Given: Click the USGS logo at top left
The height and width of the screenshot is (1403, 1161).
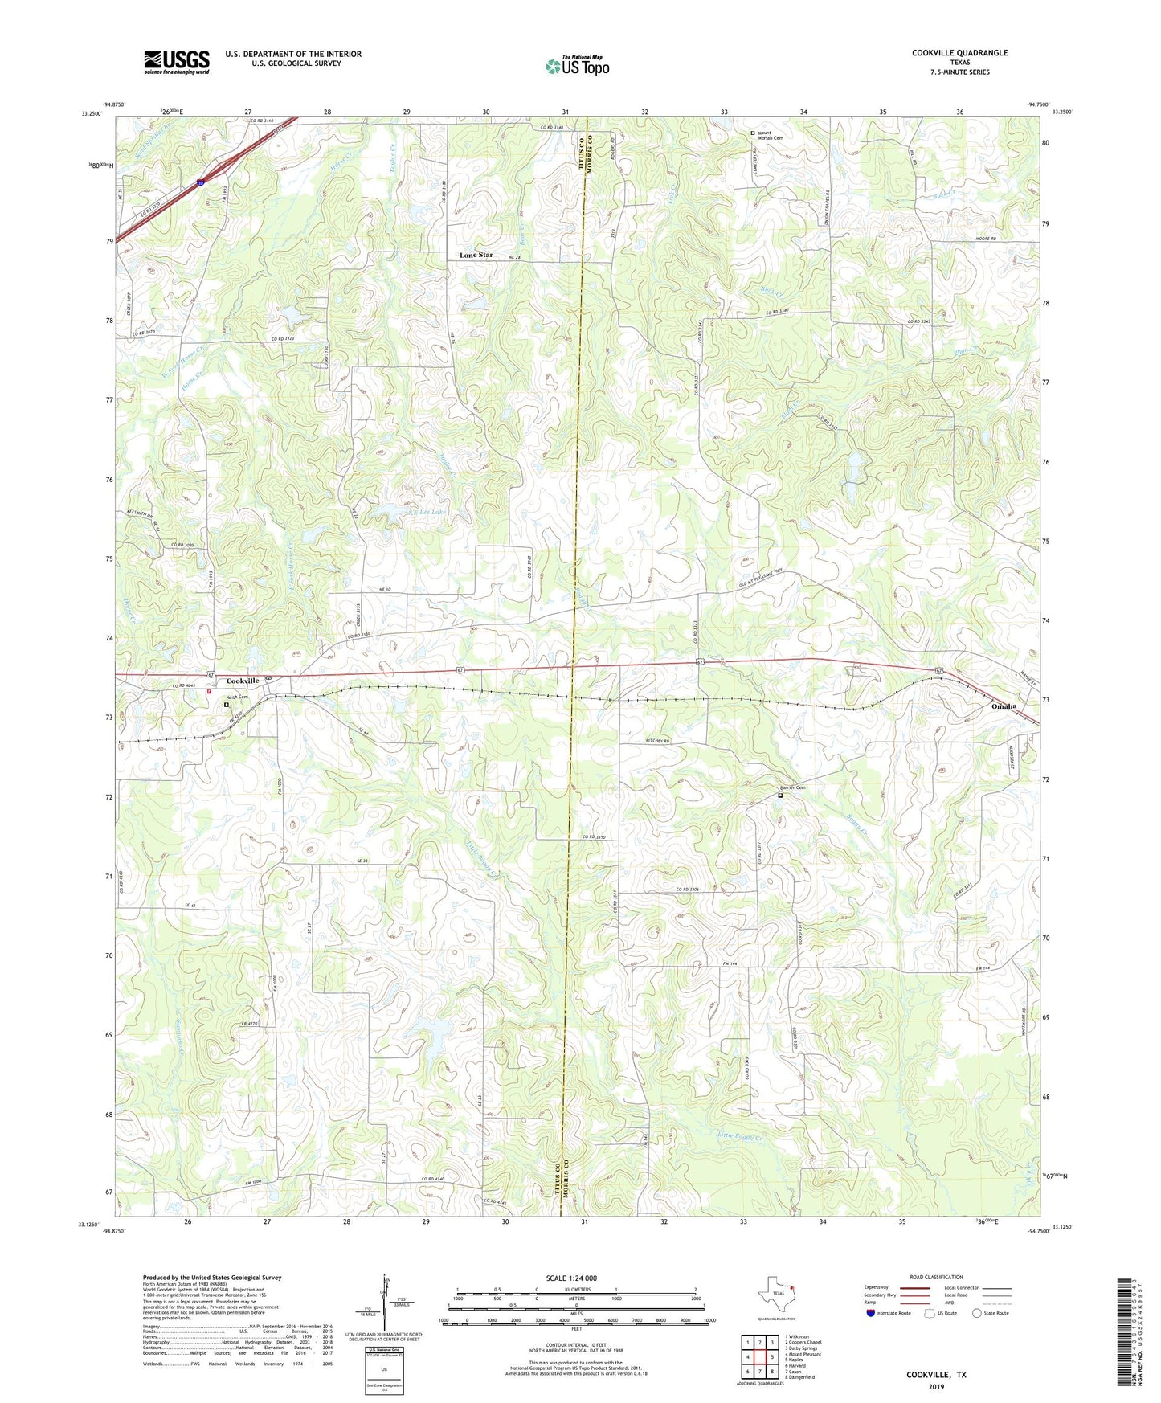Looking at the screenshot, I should [176, 62].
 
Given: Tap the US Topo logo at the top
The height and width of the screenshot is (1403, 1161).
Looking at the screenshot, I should [576, 66].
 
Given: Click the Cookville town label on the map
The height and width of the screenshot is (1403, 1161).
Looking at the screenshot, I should [241, 681].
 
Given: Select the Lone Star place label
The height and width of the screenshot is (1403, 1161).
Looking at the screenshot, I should [476, 255].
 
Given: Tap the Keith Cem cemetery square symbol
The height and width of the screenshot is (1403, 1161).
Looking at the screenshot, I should [227, 705].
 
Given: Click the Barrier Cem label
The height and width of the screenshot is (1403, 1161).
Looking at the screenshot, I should [793, 787].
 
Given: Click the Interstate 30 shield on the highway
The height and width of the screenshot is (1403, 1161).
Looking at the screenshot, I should [199, 183].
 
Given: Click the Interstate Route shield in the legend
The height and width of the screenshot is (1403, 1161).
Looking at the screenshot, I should [870, 1314].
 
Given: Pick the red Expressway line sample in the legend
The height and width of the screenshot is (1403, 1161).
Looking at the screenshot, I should [914, 1287].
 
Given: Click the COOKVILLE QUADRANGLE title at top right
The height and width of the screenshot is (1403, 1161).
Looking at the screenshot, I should [959, 53].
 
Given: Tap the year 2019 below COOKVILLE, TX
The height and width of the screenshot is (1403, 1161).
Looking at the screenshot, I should [936, 1386].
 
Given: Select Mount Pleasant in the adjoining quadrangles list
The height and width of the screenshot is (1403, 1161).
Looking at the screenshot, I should [803, 1354].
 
